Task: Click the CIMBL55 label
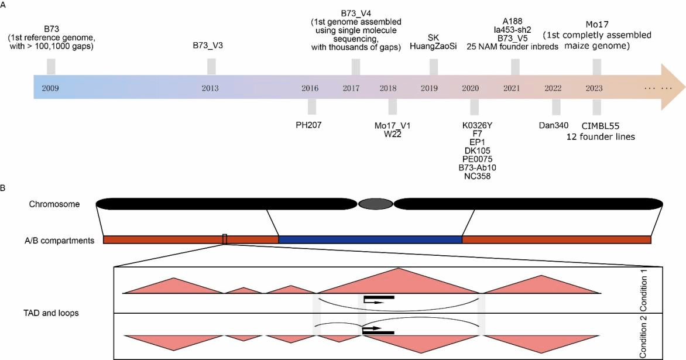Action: click(x=601, y=126)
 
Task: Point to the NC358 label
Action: click(x=475, y=176)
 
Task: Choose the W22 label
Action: click(x=389, y=134)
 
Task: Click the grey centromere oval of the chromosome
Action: click(x=375, y=204)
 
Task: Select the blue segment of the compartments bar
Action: click(x=370, y=239)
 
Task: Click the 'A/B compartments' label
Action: click(x=61, y=239)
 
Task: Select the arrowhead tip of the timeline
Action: click(x=682, y=87)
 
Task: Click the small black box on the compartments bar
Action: click(x=225, y=239)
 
